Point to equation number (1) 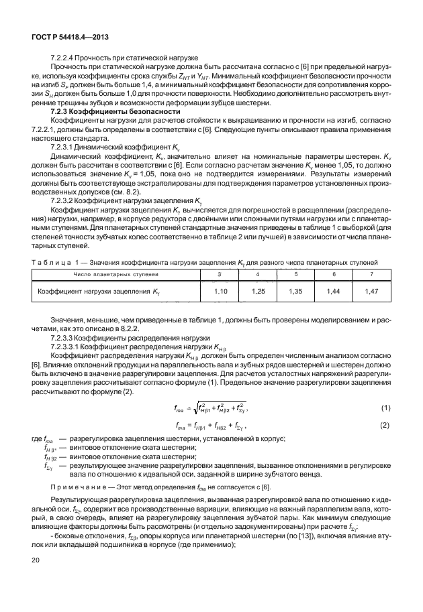click(x=385, y=408)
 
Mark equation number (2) click(x=385, y=425)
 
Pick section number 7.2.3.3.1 click(x=65, y=346)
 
